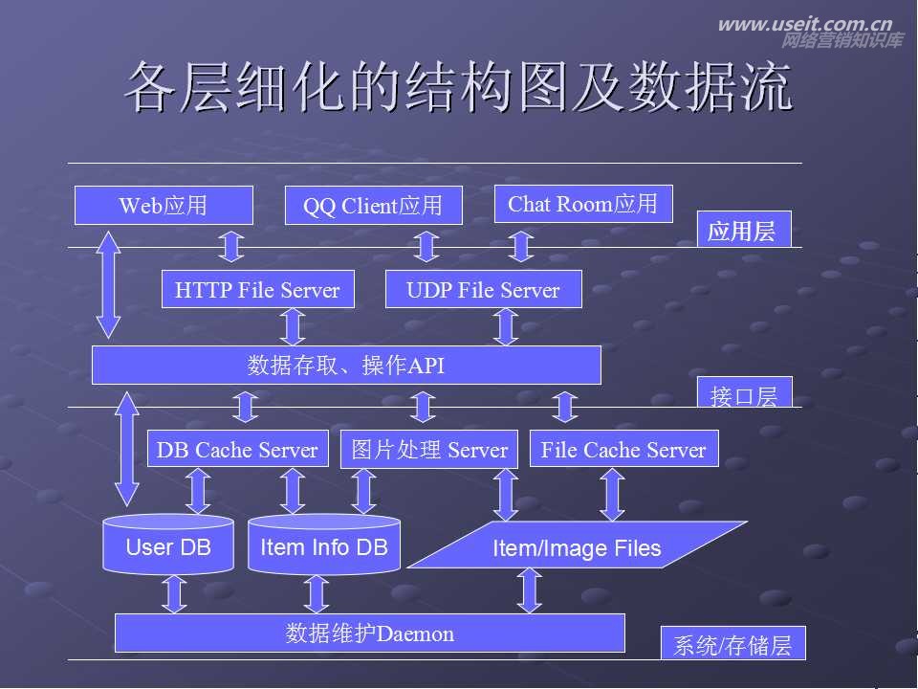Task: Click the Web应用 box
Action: pos(164,205)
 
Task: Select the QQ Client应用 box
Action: pos(373,206)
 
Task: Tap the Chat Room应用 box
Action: pos(582,204)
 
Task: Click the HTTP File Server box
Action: pos(257,290)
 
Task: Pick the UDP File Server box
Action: pos(483,290)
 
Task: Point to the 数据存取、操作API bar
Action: pos(346,365)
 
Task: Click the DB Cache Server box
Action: pos(237,450)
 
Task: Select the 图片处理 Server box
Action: pos(429,450)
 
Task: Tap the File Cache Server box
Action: pos(623,450)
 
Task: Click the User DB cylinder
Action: pos(168,546)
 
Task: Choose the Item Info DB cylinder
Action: pos(324,546)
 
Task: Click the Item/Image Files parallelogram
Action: pos(577,547)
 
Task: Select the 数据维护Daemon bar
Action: pos(369,633)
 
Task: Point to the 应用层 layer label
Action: pos(743,231)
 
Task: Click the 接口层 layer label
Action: pos(744,393)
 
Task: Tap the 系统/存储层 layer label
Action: pos(732,644)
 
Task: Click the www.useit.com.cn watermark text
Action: pos(804,25)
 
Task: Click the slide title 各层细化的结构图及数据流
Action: pos(459,88)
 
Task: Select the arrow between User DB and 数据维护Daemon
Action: pos(174,593)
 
